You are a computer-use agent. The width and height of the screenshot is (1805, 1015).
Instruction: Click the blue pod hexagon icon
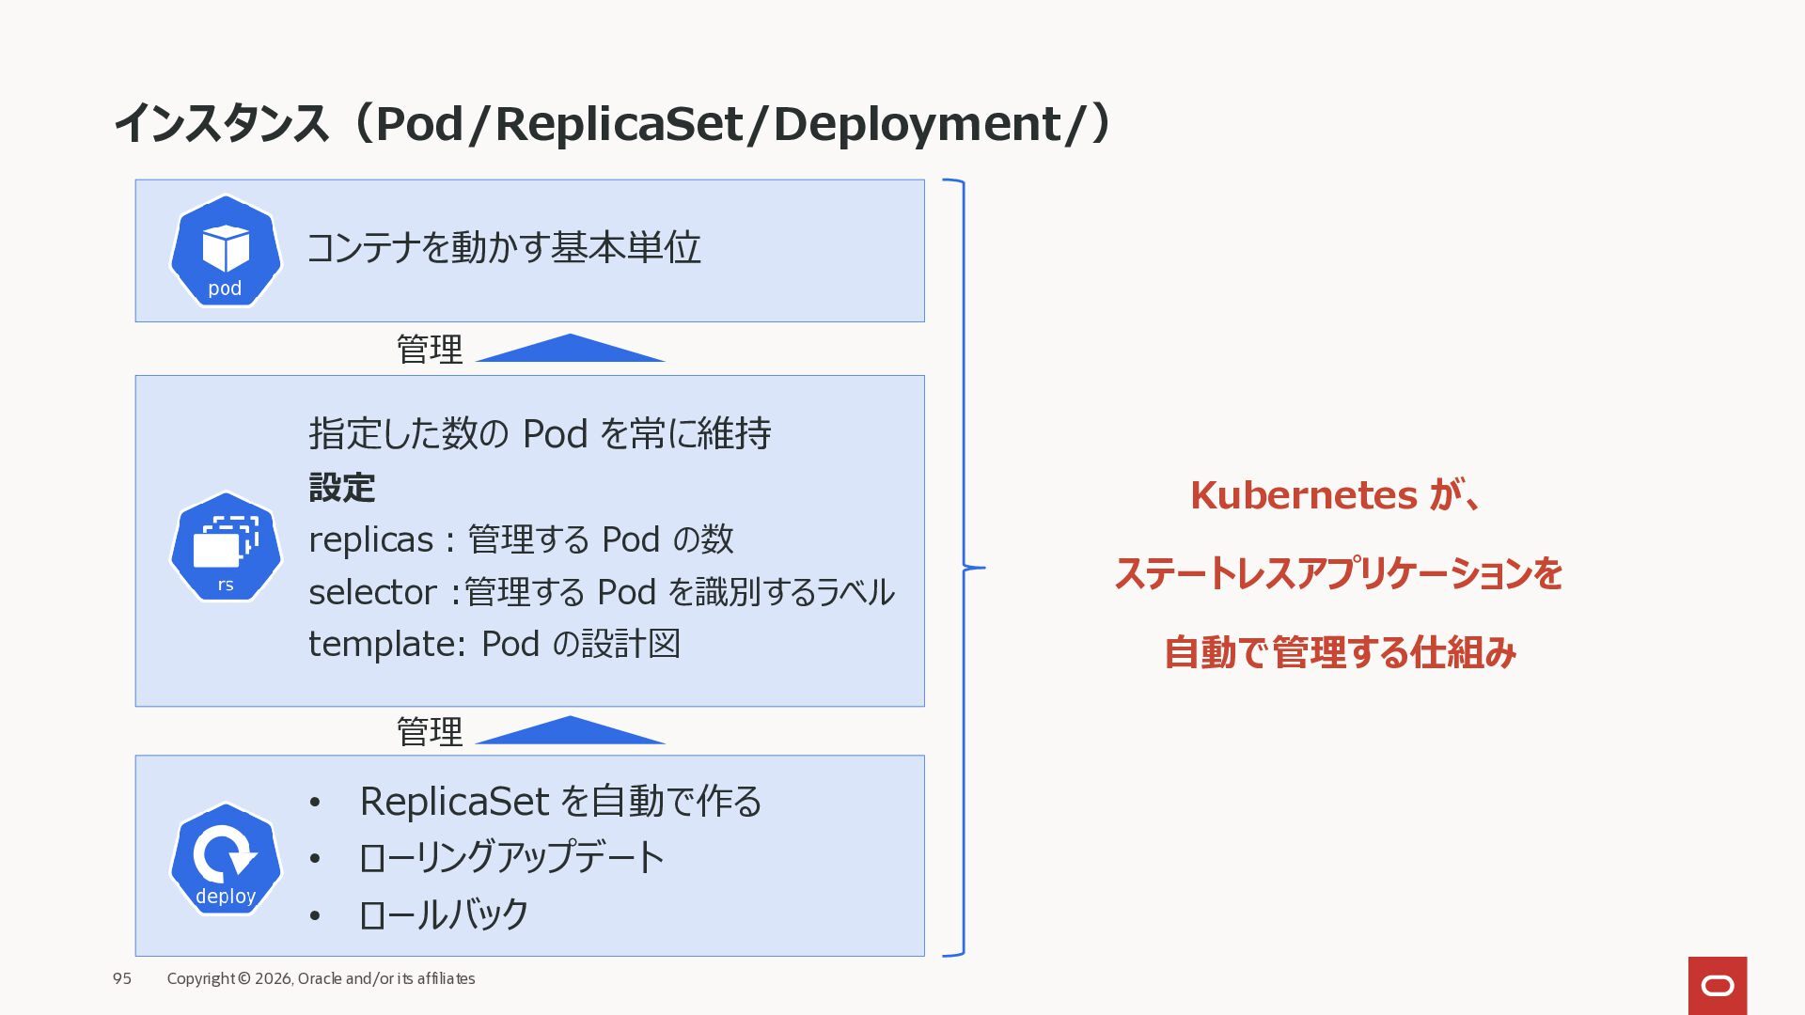(226, 251)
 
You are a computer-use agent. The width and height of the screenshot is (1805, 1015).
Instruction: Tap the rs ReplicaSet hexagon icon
(226, 546)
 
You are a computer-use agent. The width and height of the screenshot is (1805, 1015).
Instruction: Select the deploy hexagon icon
(226, 858)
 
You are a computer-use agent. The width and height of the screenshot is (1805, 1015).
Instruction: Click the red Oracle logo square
(1717, 985)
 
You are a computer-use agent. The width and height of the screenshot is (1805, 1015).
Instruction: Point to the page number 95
(122, 978)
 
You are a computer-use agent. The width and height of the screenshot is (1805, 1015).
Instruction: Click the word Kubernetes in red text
(1303, 495)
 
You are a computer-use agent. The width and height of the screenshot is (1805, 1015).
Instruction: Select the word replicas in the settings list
(370, 540)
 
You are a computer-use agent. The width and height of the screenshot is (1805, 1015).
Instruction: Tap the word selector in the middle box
(372, 593)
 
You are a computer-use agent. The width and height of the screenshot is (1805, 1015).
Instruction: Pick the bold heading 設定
(342, 488)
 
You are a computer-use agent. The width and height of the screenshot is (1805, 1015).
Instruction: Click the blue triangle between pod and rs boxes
(570, 350)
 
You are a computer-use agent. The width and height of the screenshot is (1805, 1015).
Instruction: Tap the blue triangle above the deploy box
(570, 731)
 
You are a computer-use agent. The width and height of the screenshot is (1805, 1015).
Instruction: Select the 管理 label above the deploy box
(429, 731)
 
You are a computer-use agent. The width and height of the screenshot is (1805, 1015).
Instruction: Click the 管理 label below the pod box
(429, 350)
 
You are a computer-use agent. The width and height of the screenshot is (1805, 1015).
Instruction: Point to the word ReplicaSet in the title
(619, 124)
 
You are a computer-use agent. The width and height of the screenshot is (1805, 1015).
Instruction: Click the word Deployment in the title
(917, 124)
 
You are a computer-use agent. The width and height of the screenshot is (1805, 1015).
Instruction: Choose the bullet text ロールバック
(444, 914)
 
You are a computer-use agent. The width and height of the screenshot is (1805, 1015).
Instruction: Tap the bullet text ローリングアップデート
(511, 858)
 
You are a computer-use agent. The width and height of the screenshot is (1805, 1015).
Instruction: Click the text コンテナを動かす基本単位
(504, 248)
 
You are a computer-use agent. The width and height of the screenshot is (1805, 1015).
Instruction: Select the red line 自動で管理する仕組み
(1340, 652)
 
